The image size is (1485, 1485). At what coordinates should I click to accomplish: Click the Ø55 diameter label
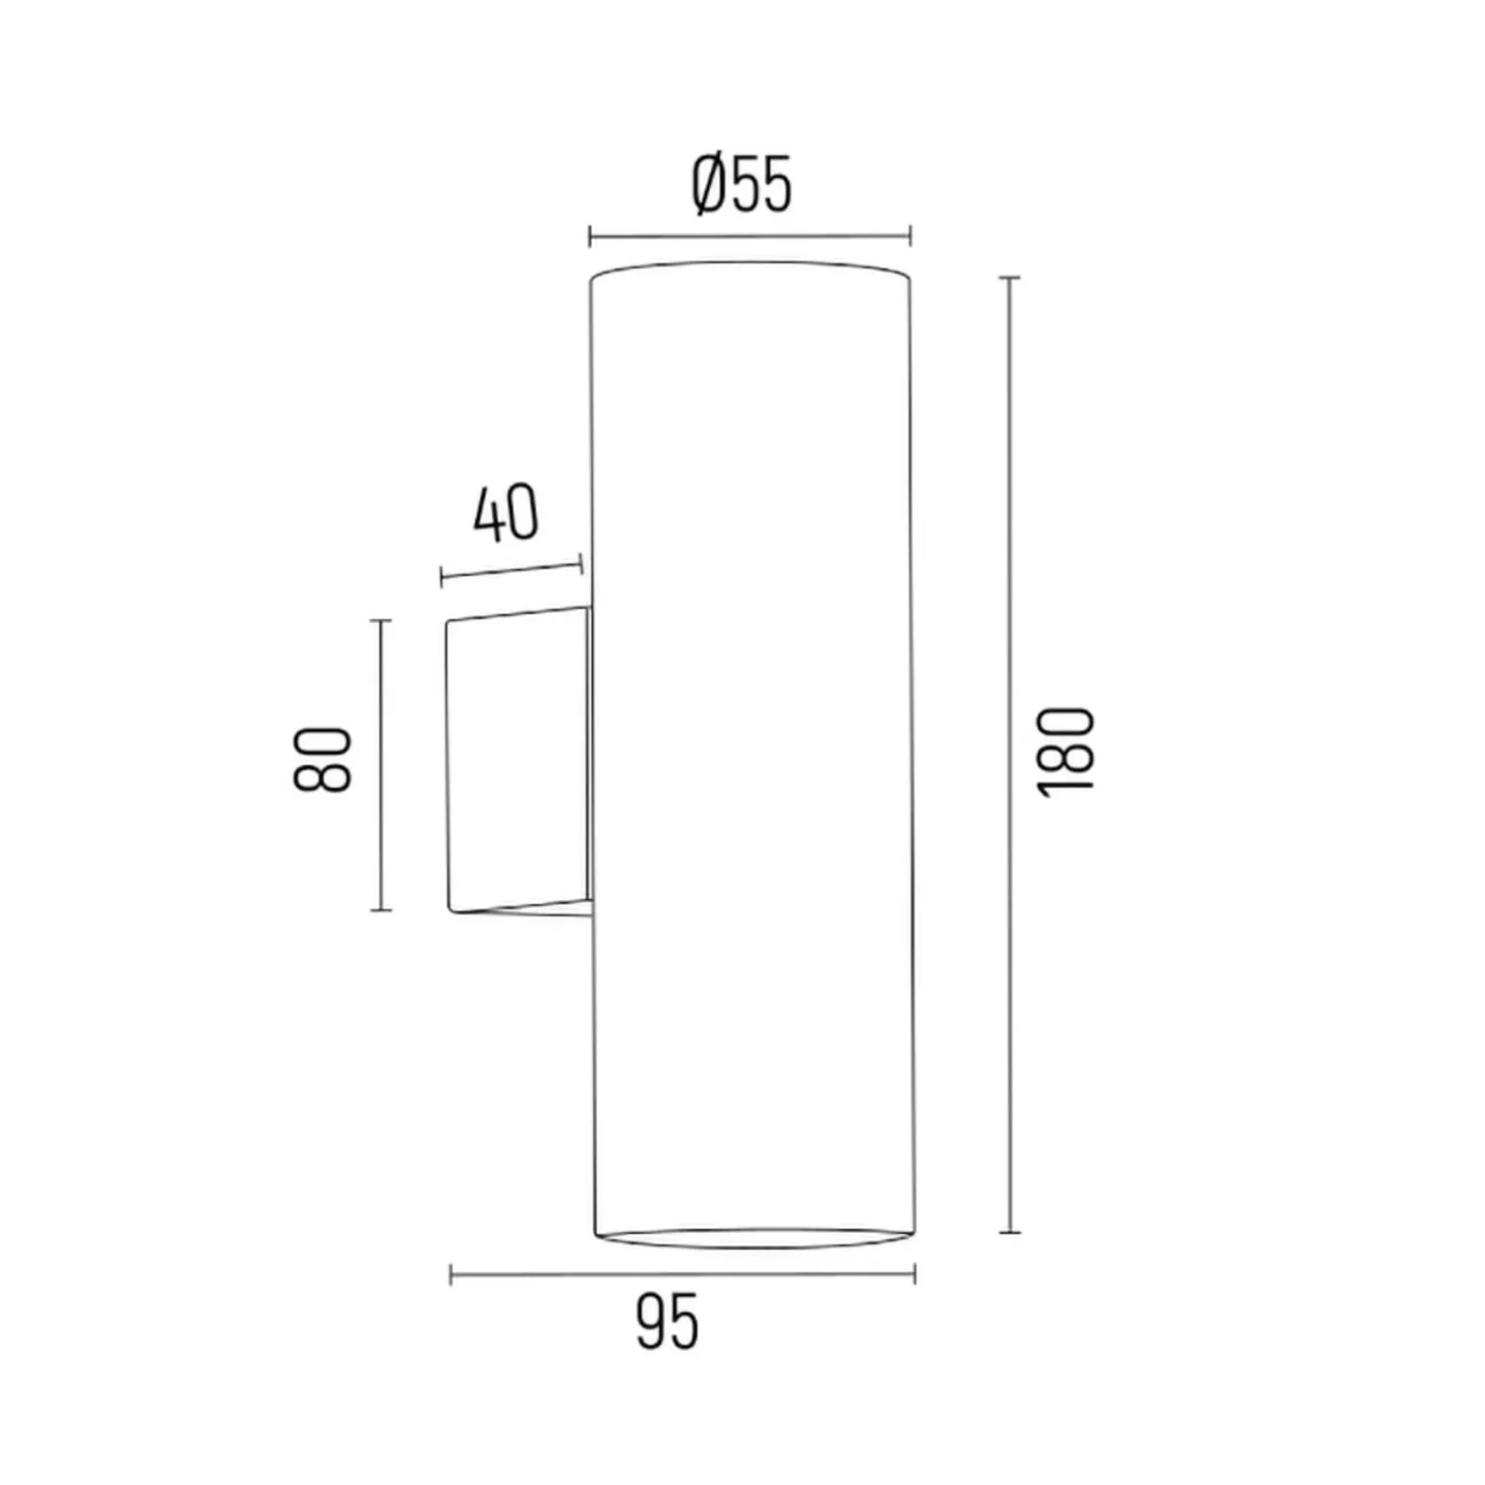click(x=742, y=185)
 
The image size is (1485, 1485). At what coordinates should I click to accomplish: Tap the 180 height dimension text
click(x=1067, y=752)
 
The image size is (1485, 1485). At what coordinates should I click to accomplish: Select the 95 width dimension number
click(x=667, y=1322)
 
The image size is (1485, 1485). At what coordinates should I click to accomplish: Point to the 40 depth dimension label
click(x=505, y=514)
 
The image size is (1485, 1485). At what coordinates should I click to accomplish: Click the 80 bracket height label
click(x=322, y=758)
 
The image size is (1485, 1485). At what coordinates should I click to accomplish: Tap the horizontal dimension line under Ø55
click(x=750, y=237)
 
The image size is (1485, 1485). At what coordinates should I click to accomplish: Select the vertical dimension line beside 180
click(x=1010, y=754)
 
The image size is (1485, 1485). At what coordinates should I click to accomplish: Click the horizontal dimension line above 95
click(x=683, y=1275)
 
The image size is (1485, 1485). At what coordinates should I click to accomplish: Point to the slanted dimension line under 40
click(x=511, y=571)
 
